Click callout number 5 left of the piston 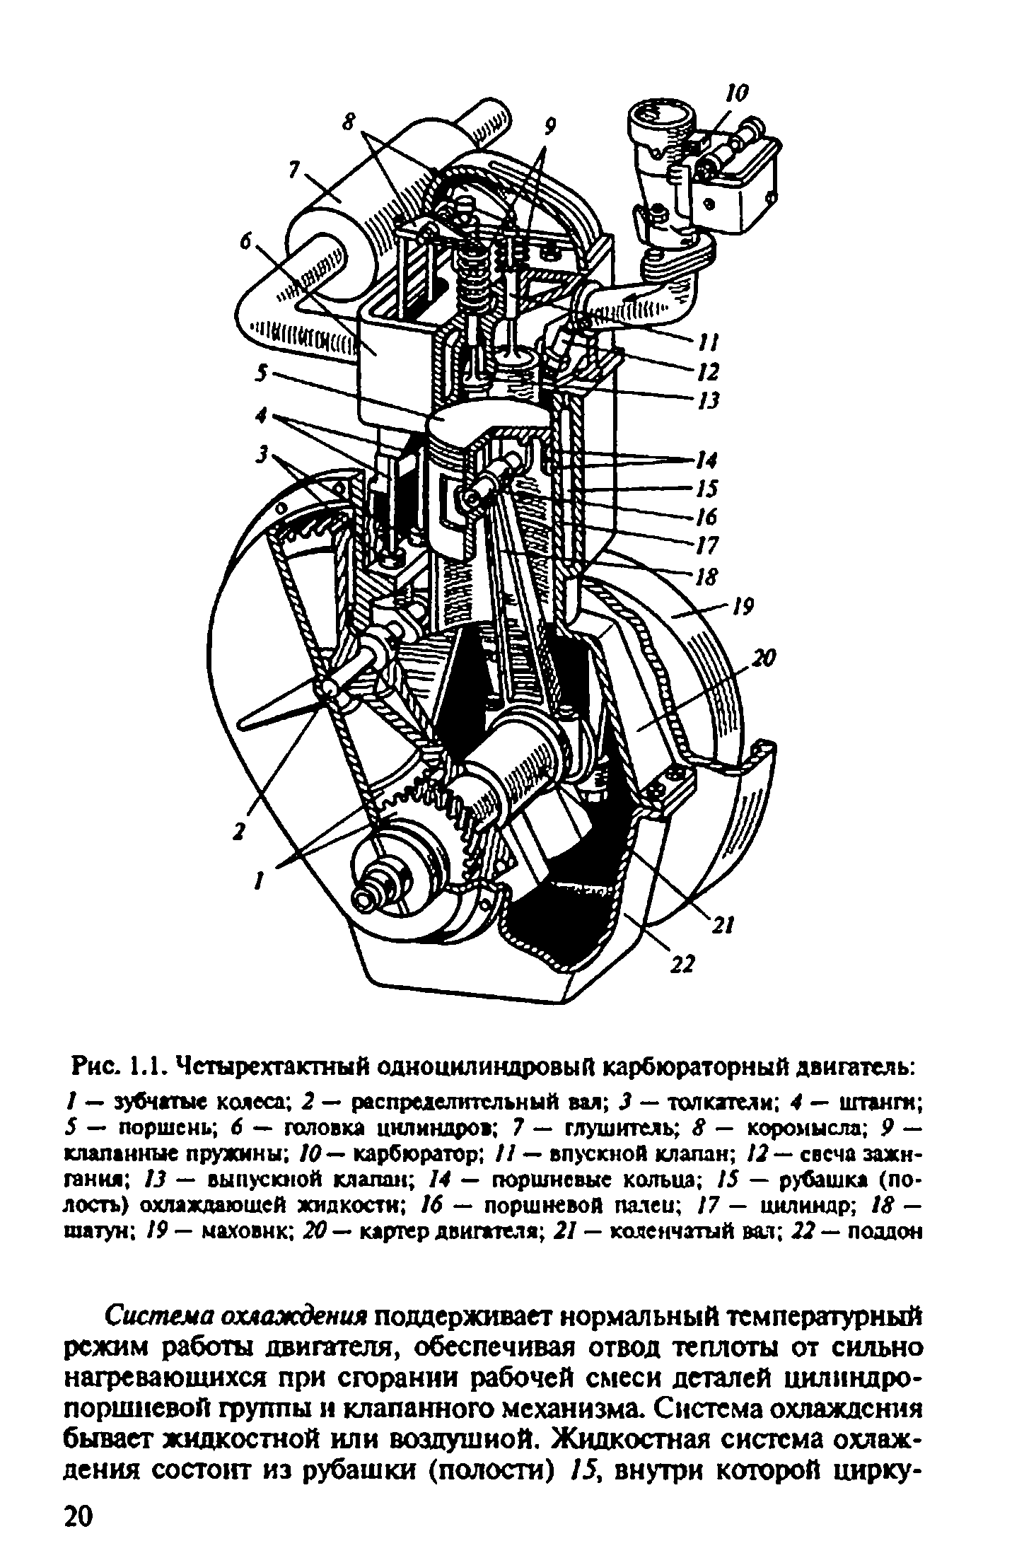(263, 374)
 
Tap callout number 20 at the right (764, 659)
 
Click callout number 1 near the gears (260, 880)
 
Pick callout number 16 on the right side (706, 517)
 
